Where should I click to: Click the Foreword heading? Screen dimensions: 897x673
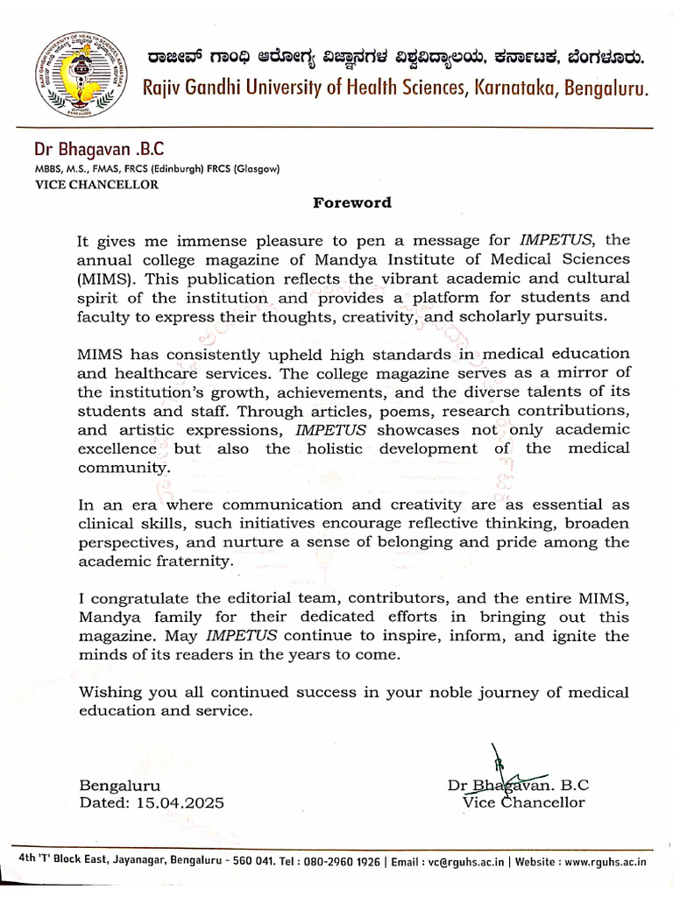click(352, 203)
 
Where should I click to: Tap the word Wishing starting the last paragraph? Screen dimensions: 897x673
click(110, 692)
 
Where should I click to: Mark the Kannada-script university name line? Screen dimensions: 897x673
click(393, 58)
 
